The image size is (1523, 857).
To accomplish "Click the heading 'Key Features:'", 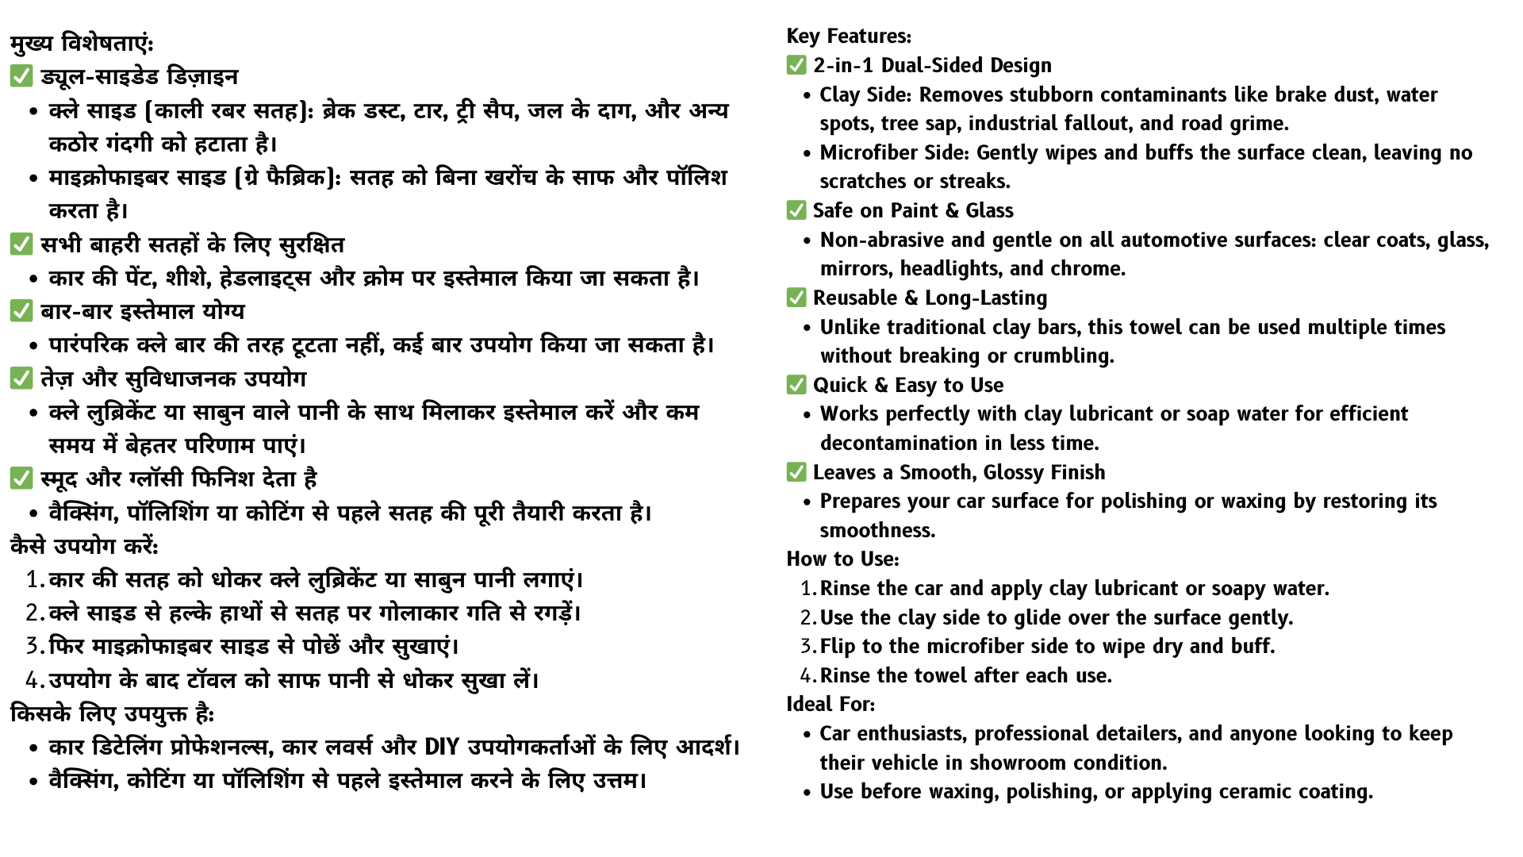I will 849,37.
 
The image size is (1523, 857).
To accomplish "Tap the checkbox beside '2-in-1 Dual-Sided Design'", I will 796,65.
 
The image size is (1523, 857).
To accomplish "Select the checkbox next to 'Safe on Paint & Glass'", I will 796,210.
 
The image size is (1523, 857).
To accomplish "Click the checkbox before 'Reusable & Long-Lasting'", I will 796,298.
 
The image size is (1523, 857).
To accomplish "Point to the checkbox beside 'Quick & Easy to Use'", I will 796,385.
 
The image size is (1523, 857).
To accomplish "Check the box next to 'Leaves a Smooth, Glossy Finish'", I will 796,472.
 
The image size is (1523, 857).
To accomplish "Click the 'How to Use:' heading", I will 842,559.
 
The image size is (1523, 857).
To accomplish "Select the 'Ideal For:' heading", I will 831,705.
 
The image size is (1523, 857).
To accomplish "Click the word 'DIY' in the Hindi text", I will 442,747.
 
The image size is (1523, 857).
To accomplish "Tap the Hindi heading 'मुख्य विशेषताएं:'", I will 82,43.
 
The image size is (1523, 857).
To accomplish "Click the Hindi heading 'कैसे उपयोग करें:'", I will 84,547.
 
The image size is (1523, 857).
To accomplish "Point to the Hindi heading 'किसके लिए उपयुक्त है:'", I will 112,714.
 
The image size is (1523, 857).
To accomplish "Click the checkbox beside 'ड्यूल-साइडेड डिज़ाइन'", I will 21,77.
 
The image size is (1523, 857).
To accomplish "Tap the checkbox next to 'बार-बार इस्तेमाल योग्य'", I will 21,311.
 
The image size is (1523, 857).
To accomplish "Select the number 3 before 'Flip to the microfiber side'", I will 807,647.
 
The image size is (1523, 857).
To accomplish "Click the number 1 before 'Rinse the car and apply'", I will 807,589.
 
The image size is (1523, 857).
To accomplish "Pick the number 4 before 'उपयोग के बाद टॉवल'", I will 33,681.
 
